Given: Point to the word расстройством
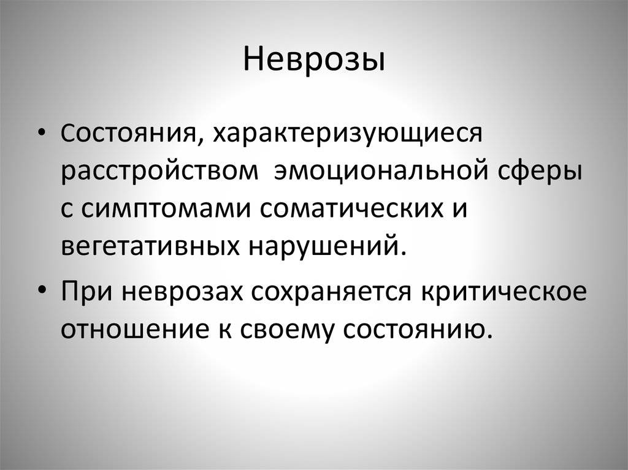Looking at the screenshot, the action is click(x=160, y=172).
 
